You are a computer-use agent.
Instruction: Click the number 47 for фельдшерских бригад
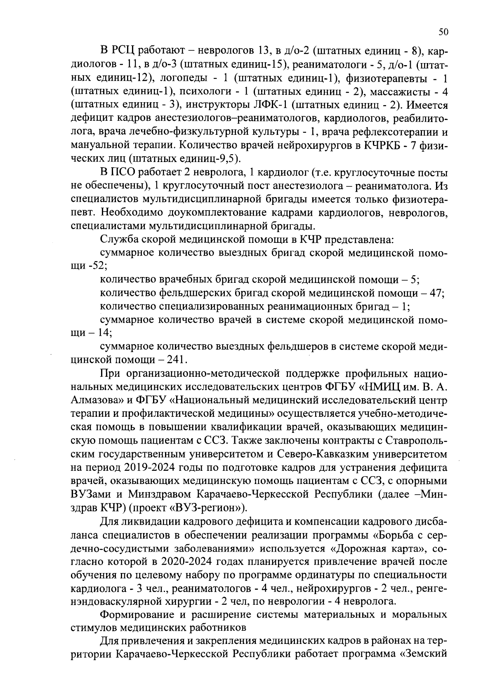point(436,293)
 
